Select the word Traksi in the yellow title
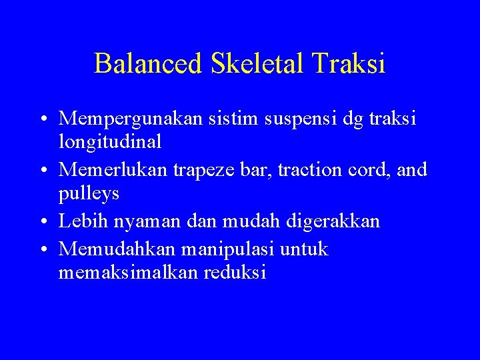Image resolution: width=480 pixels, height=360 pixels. point(352,64)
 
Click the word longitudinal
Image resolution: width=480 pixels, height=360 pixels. point(110,141)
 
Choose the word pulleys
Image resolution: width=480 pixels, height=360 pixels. point(89,193)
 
